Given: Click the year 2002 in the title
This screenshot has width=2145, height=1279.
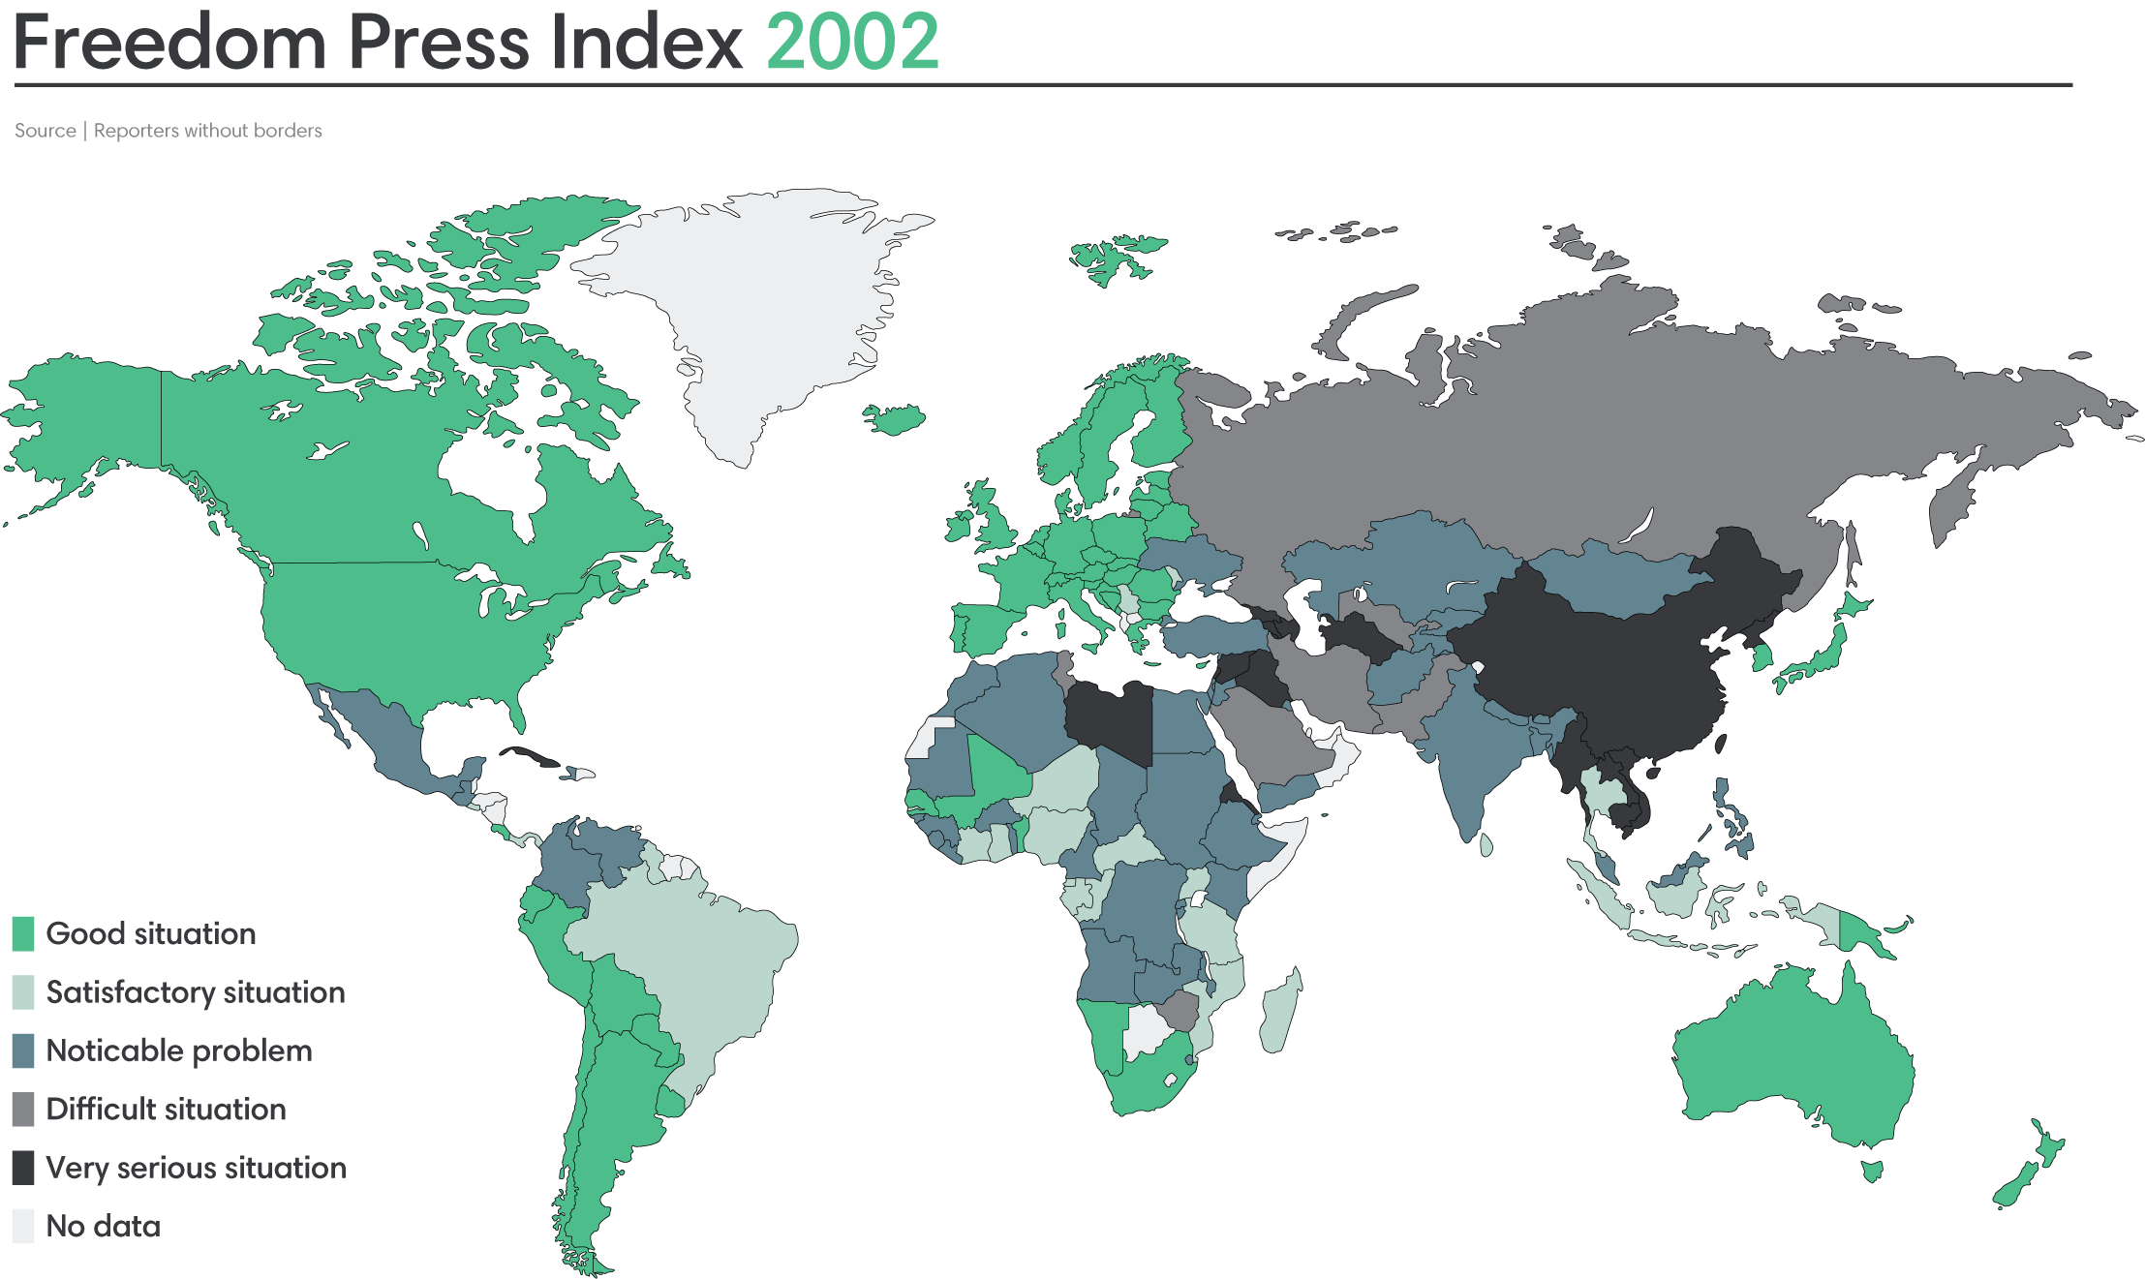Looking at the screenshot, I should tap(852, 43).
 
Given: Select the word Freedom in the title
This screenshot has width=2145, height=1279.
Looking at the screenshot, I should tap(169, 43).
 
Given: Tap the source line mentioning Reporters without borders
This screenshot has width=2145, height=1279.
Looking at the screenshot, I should tap(168, 131).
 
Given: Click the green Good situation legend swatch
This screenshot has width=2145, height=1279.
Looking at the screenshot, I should tap(23, 933).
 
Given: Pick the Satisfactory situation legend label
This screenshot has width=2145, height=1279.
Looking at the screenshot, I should tap(195, 992).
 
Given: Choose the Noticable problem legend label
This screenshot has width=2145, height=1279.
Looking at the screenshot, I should tap(179, 1051).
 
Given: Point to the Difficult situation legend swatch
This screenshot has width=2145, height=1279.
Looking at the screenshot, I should tap(23, 1110).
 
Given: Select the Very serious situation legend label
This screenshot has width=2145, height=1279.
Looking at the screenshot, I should tap(196, 1168).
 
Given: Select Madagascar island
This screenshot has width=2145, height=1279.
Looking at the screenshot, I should tap(1280, 1012).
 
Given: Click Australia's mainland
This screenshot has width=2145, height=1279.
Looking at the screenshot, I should tap(1792, 1055).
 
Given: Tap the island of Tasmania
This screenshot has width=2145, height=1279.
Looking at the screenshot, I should tap(1873, 1171).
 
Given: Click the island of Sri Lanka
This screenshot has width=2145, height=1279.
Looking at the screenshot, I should tap(1486, 844).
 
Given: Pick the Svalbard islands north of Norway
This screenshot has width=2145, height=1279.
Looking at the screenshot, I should tap(1114, 257).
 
